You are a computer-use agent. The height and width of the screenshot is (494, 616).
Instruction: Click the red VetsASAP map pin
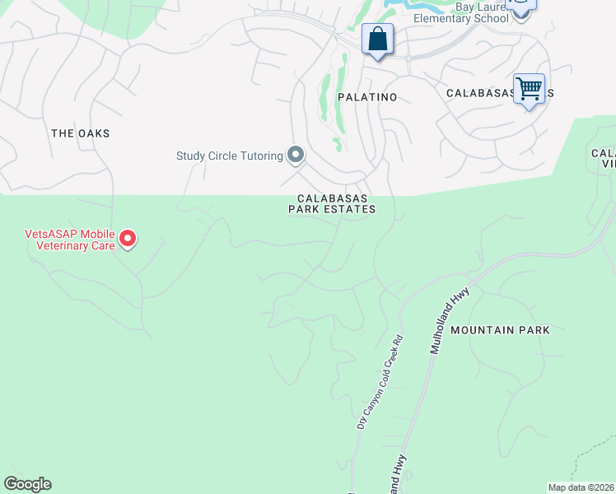[128, 240]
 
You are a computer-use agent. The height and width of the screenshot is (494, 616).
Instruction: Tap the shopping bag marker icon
[377, 39]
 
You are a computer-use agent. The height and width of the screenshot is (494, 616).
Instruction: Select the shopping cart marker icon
[528, 87]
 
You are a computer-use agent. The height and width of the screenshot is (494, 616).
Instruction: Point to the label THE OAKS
[80, 133]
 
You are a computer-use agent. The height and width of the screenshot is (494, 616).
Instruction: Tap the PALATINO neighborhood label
[367, 97]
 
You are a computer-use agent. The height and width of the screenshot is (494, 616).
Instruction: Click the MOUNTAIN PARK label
[500, 330]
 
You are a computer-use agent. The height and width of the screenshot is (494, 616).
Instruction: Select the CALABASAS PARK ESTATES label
[332, 203]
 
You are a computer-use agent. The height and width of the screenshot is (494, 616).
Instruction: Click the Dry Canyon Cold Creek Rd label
[378, 382]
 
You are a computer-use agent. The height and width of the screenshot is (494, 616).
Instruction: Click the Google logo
[27, 484]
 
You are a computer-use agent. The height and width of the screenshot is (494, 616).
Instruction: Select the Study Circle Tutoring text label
[230, 156]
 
